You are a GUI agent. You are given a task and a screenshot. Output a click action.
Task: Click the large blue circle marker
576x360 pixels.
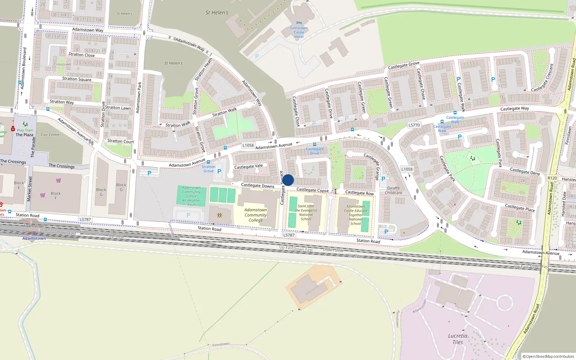click(288, 180)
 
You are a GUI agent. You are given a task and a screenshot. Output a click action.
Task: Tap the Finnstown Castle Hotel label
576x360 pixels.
click(299, 32)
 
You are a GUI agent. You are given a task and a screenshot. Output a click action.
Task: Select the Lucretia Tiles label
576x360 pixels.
click(458, 339)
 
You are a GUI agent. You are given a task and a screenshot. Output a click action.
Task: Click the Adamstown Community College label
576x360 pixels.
click(256, 215)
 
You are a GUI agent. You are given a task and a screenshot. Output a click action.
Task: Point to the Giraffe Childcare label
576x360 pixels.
click(393, 190)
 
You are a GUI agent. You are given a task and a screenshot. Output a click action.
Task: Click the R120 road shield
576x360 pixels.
click(552, 178)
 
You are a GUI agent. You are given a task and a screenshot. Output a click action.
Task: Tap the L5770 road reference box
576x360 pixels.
click(414, 125)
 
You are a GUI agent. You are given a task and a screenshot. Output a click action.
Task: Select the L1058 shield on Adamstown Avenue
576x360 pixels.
click(248, 145)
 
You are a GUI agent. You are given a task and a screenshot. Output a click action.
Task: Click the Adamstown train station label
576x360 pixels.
click(34, 238)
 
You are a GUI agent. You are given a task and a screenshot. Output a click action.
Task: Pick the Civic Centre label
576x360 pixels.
click(50, 135)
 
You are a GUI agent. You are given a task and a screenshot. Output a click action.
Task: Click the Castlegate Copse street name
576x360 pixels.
click(312, 190)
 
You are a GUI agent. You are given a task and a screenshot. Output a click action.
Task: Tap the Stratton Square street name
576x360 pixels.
click(77, 79)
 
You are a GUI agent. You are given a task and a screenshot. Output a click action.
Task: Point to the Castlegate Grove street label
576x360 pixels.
click(404, 66)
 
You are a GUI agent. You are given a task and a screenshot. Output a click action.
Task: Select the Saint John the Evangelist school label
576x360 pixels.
click(306, 212)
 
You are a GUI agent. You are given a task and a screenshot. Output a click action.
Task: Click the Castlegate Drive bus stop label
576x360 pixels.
click(315, 151)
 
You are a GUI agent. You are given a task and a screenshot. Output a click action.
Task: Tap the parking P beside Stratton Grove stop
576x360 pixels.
click(219, 171)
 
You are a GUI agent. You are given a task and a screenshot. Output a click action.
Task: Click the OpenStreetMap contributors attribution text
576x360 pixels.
click(548, 356)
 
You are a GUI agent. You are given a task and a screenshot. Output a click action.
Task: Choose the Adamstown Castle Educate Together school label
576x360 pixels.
click(355, 215)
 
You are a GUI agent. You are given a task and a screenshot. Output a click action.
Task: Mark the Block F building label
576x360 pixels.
click(56, 195)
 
